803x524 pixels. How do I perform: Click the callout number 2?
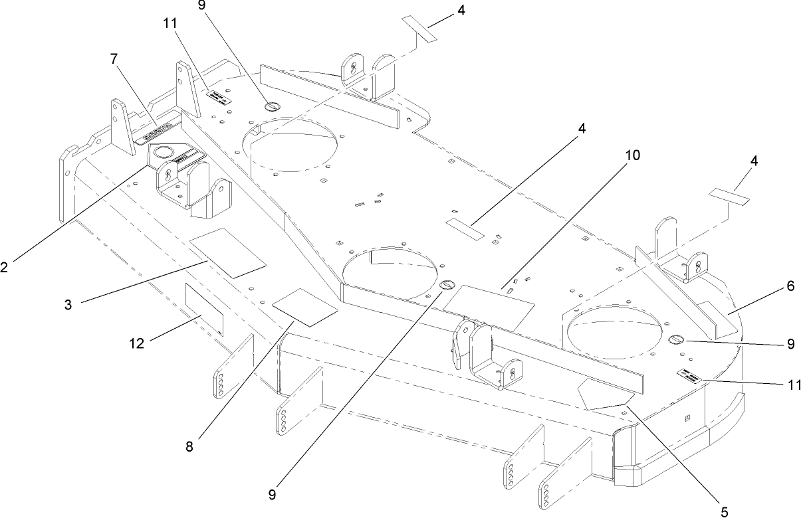[x=5, y=267]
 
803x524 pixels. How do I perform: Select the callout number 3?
[x=68, y=304]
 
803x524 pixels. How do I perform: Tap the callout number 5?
[x=724, y=511]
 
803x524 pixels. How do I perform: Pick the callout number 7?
[x=114, y=59]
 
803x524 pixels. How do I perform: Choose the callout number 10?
[x=632, y=155]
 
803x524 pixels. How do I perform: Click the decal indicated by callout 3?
[x=227, y=252]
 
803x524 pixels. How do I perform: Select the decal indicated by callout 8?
[x=306, y=306]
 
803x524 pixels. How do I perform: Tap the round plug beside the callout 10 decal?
[x=447, y=285]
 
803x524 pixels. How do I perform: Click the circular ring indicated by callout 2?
[x=162, y=153]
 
